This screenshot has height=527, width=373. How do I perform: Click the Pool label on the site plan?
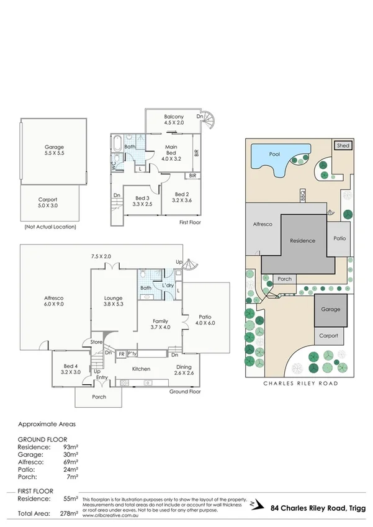(274, 154)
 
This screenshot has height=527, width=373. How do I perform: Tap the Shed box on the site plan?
(343, 145)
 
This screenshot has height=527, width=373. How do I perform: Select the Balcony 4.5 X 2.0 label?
(174, 120)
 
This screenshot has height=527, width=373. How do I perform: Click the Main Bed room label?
(171, 151)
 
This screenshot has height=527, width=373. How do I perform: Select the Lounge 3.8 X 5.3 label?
(113, 302)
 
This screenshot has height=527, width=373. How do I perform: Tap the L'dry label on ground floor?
(167, 284)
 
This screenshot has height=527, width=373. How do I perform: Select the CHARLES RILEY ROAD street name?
(300, 384)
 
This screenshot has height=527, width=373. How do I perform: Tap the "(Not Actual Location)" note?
(50, 227)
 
